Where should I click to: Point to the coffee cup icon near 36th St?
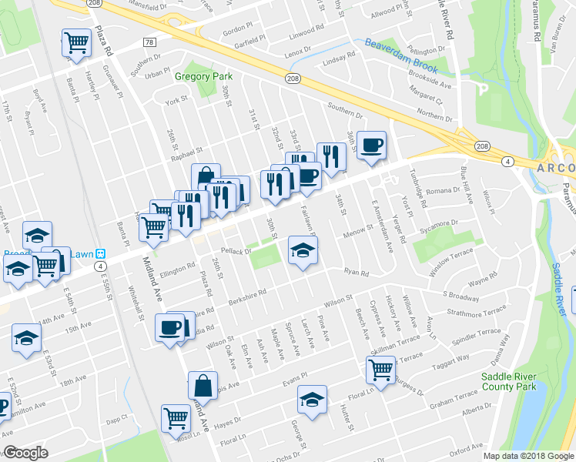point(371,145)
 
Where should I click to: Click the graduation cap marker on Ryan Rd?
point(303,251)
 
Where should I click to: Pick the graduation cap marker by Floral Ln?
point(312,401)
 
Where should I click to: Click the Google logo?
point(25,453)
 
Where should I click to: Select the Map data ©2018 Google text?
point(528,456)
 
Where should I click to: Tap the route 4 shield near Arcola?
point(507,161)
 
